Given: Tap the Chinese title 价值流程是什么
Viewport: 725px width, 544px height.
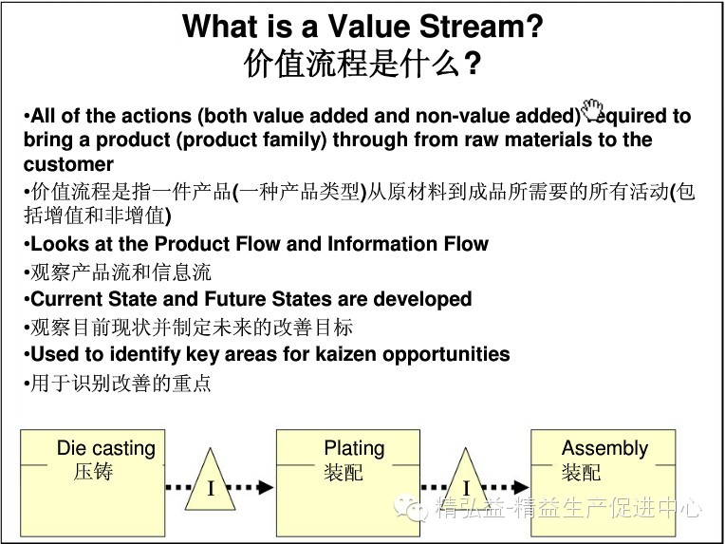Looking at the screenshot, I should point(352,65).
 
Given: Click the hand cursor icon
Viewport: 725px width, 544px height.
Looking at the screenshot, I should point(593,107).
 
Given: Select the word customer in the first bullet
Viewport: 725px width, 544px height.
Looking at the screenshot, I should point(68,164).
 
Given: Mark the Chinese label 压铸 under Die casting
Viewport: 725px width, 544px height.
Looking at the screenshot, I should point(93,472).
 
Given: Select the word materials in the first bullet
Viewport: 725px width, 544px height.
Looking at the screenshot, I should point(528,140).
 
